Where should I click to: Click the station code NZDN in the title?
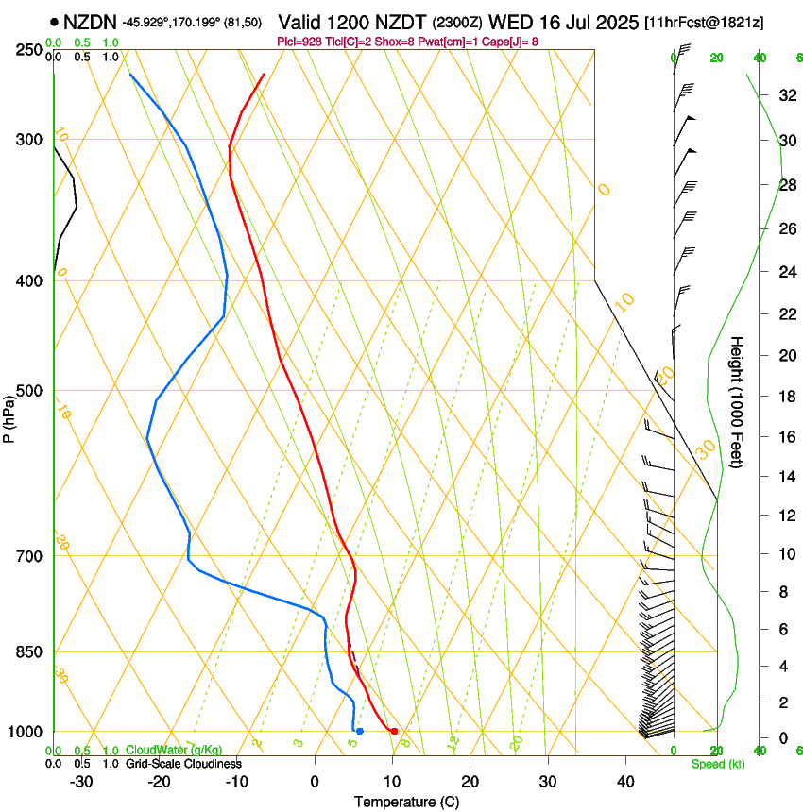pyautogui.click(x=91, y=22)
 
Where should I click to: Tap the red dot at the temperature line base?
pyautogui.click(x=394, y=731)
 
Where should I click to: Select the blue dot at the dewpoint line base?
pyautogui.click(x=360, y=731)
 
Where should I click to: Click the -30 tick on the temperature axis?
pyautogui.click(x=81, y=782)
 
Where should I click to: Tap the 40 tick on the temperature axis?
pyautogui.click(x=624, y=782)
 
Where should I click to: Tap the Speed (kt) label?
pyautogui.click(x=718, y=764)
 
